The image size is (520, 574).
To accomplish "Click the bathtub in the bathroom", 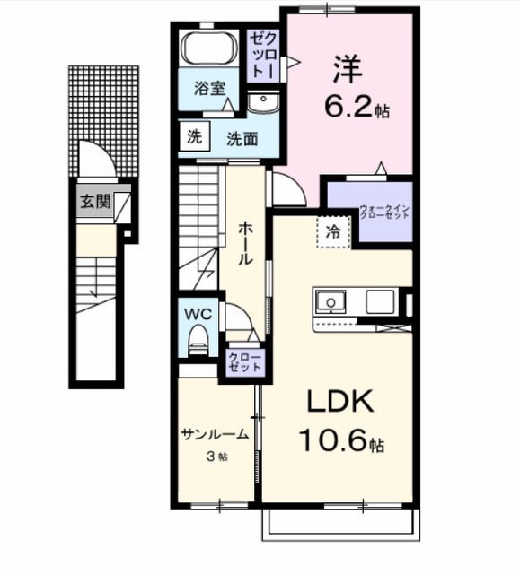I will [209, 48].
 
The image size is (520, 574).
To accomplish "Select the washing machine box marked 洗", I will [194, 137].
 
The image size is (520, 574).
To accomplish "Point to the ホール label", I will [245, 242].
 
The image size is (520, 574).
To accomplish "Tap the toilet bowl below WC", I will [198, 342].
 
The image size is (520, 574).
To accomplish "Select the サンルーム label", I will [215, 435].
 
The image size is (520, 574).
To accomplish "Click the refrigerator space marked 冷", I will [333, 231].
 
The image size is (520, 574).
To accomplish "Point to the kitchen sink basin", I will [330, 301].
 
